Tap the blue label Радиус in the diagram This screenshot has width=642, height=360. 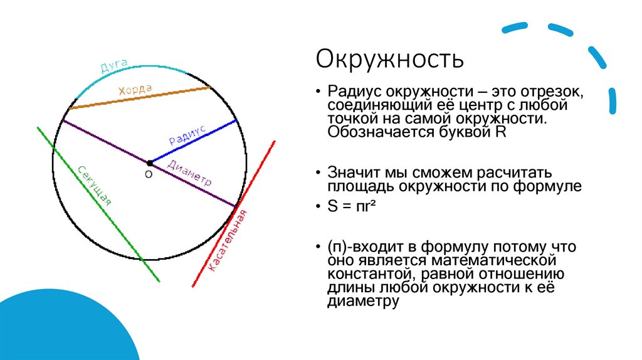[x=187, y=135]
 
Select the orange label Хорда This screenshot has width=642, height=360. [x=135, y=90]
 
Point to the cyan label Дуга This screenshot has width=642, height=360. [x=113, y=65]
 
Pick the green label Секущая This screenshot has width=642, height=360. [x=95, y=185]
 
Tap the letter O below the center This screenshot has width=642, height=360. [x=149, y=175]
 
